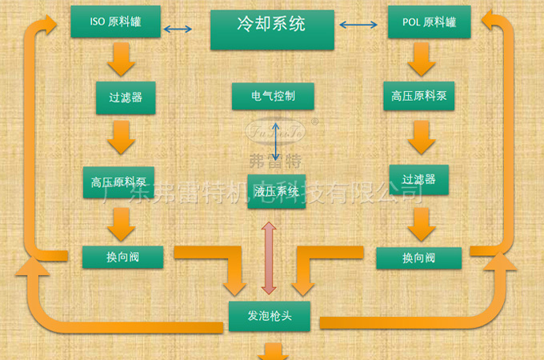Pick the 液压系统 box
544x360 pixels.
click(277, 191)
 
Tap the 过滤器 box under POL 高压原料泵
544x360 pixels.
click(418, 180)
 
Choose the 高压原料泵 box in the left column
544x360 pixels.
click(118, 182)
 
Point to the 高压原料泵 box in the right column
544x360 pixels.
click(419, 96)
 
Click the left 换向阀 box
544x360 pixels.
click(123, 257)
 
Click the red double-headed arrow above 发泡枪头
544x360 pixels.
click(268, 258)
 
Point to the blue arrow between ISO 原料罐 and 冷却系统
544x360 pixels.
click(178, 30)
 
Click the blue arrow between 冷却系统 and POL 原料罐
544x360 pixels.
click(357, 26)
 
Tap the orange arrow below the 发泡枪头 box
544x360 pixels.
click(274, 350)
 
